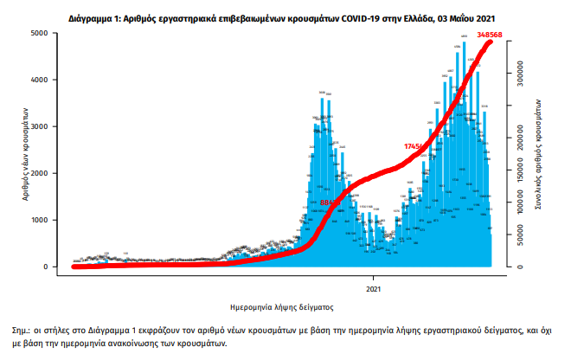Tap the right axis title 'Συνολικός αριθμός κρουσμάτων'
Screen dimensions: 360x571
pos(538,156)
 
